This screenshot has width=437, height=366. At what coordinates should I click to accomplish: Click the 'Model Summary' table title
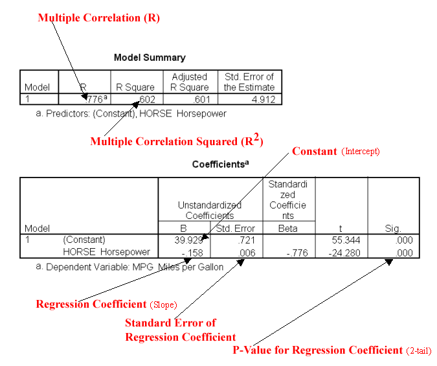(150, 58)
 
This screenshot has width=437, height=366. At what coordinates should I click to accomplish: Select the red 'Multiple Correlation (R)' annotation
(98, 18)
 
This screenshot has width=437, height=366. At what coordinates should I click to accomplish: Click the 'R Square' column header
(135, 87)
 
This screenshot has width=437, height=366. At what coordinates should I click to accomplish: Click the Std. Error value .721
(244, 240)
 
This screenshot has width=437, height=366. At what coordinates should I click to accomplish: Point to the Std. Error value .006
(244, 252)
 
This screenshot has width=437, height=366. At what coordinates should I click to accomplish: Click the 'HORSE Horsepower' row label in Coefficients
(106, 252)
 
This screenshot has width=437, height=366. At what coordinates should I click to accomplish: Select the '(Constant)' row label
(84, 240)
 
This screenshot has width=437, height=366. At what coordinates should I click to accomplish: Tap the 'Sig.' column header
(392, 229)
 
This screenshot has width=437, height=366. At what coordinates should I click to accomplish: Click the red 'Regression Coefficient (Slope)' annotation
(106, 304)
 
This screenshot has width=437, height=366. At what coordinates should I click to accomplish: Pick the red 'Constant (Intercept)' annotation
(335, 152)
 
